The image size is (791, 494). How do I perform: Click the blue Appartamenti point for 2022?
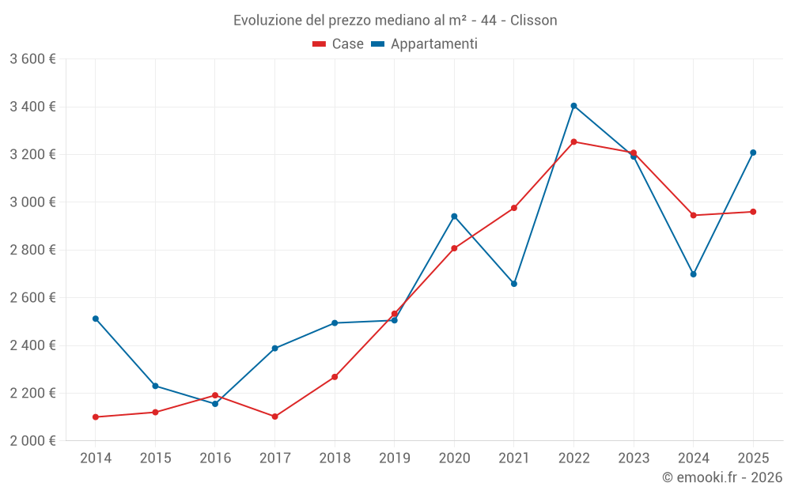click(573, 106)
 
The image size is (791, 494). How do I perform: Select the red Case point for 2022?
click(573, 142)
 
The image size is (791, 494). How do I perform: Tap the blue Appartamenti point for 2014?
click(96, 319)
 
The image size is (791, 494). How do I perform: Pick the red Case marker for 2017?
click(274, 417)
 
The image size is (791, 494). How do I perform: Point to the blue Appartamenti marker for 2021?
click(514, 284)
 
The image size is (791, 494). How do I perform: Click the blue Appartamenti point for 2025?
click(753, 153)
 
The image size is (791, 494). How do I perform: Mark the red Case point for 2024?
click(693, 215)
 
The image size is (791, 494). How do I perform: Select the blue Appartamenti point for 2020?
click(454, 216)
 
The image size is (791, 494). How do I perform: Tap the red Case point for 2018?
click(335, 377)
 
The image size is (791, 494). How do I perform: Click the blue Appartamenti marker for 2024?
click(693, 274)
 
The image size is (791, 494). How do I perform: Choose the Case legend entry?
click(339, 44)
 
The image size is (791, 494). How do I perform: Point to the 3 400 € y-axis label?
click(33, 107)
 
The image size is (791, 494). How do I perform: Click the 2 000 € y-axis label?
click(33, 441)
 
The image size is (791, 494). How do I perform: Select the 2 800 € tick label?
click(33, 250)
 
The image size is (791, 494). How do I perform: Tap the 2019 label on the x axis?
click(394, 458)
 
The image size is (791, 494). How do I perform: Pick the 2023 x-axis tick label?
click(633, 458)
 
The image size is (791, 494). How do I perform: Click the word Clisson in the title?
click(534, 21)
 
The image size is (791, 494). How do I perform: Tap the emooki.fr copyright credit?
click(722, 477)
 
